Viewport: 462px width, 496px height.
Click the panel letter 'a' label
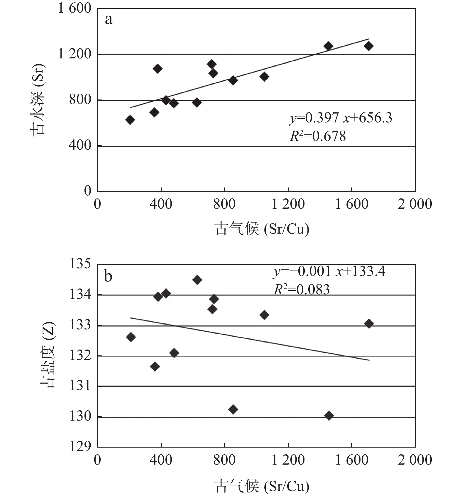pyautogui.click(x=109, y=20)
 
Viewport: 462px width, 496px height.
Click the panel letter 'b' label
pyautogui.click(x=108, y=276)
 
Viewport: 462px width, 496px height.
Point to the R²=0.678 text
pyautogui.click(x=318, y=136)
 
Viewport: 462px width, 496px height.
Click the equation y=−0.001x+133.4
pyautogui.click(x=329, y=271)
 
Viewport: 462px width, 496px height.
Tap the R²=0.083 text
pyautogui.click(x=302, y=290)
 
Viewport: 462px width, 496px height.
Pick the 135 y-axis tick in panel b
pyautogui.click(x=80, y=264)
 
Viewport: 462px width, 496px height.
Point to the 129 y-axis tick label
pyautogui.click(x=80, y=446)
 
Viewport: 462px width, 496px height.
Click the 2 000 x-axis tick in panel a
pyautogui.click(x=415, y=204)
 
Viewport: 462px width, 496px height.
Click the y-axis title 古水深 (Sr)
pyautogui.click(x=38, y=99)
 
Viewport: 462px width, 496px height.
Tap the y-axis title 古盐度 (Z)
pyautogui.click(x=48, y=355)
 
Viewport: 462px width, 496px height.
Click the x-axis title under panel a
pyautogui.click(x=262, y=229)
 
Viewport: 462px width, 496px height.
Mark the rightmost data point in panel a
pyautogui.click(x=369, y=46)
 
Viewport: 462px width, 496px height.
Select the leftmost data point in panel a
pyautogui.click(x=130, y=120)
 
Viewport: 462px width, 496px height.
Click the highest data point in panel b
pyautogui.click(x=197, y=280)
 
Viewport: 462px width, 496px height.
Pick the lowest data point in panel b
pyautogui.click(x=329, y=416)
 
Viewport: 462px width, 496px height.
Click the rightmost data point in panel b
pyautogui.click(x=369, y=324)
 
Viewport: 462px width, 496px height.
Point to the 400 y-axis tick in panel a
pyautogui.click(x=80, y=145)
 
